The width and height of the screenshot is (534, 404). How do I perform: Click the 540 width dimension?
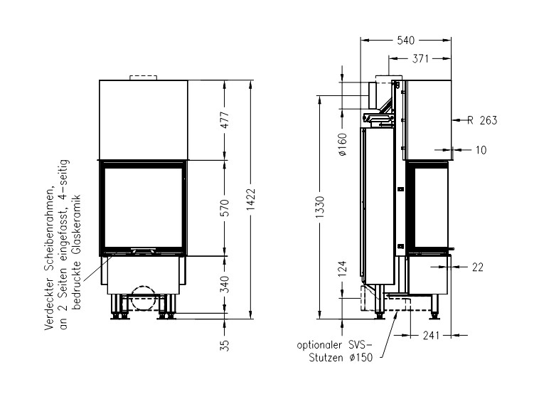(405, 41)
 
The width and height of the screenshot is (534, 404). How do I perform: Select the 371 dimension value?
(420, 59)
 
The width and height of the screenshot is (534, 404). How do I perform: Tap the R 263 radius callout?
(482, 120)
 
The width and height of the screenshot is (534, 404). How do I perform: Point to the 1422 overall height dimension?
(251, 199)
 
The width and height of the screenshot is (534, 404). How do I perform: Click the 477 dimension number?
(225, 120)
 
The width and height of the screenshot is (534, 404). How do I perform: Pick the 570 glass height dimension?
(225, 208)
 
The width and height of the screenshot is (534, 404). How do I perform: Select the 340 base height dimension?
(225, 284)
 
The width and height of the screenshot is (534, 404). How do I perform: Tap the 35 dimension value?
(225, 346)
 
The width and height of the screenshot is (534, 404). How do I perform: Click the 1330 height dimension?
(320, 208)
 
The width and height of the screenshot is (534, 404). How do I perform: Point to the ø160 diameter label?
(343, 144)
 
